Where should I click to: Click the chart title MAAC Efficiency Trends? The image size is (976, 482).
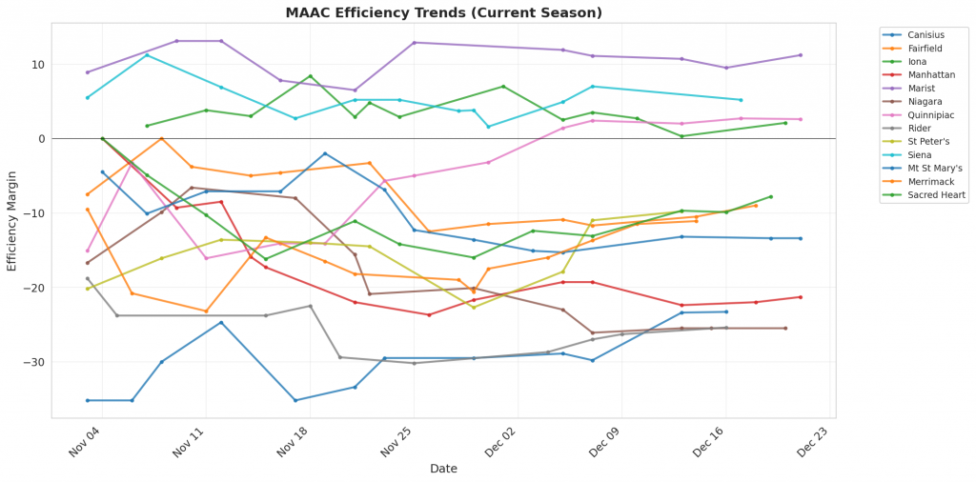pyautogui.click(x=444, y=12)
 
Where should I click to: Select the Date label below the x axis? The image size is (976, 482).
pyautogui.click(x=443, y=469)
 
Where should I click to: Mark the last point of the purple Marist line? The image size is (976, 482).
pyautogui.click(x=800, y=55)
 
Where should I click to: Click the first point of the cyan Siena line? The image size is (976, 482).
pyautogui.click(x=88, y=97)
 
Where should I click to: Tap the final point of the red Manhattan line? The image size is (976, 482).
pyautogui.click(x=800, y=297)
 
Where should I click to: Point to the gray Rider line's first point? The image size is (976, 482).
pyautogui.click(x=88, y=279)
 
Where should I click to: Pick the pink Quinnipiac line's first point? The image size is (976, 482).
pyautogui.click(x=88, y=251)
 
